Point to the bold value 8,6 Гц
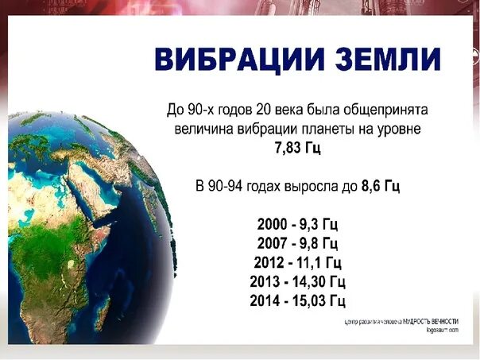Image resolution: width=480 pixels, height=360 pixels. pyautogui.click(x=380, y=186)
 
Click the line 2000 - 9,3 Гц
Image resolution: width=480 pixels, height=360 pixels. pyautogui.click(x=297, y=225)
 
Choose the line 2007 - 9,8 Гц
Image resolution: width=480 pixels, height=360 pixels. pyautogui.click(x=297, y=243)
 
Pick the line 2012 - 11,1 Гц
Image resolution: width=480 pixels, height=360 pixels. pyautogui.click(x=297, y=262)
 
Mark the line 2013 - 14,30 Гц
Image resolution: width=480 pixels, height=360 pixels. pyautogui.click(x=297, y=281)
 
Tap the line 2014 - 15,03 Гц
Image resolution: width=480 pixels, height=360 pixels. pyautogui.click(x=297, y=300)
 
